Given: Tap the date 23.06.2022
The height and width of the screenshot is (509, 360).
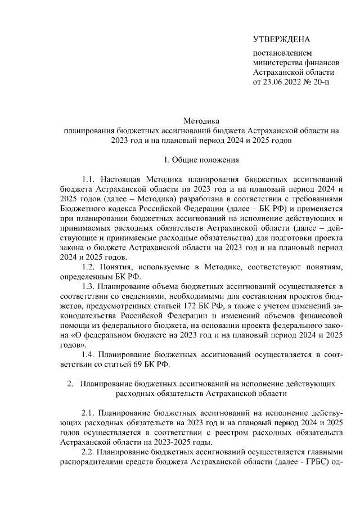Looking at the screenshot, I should tap(284, 83).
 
